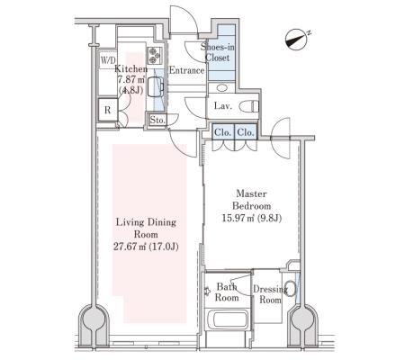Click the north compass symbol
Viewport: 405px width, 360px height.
point(297,40)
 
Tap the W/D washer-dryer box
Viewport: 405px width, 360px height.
point(108,60)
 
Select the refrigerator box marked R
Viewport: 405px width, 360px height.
point(108,110)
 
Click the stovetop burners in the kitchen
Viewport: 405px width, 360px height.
point(155,56)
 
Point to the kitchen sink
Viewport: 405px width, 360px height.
point(156,86)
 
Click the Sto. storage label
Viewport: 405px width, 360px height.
point(157,121)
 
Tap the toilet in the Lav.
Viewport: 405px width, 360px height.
point(248,106)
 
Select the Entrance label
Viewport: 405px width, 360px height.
point(186,70)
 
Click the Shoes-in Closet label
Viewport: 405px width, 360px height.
point(218,52)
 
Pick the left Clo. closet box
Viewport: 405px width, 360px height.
point(223,132)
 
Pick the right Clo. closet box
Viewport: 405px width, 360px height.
point(246,132)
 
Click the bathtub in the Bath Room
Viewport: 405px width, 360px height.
point(227,319)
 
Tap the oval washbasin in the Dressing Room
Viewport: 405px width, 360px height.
point(290,288)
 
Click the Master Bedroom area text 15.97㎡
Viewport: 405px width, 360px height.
point(238,218)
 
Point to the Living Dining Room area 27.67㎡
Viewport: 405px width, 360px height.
point(130,247)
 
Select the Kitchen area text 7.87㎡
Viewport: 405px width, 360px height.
point(131,80)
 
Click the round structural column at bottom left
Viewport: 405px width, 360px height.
point(94,319)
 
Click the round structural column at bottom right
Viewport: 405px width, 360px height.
point(302,319)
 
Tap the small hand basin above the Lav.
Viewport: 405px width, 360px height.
point(222,88)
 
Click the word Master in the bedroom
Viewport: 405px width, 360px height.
point(251,193)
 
